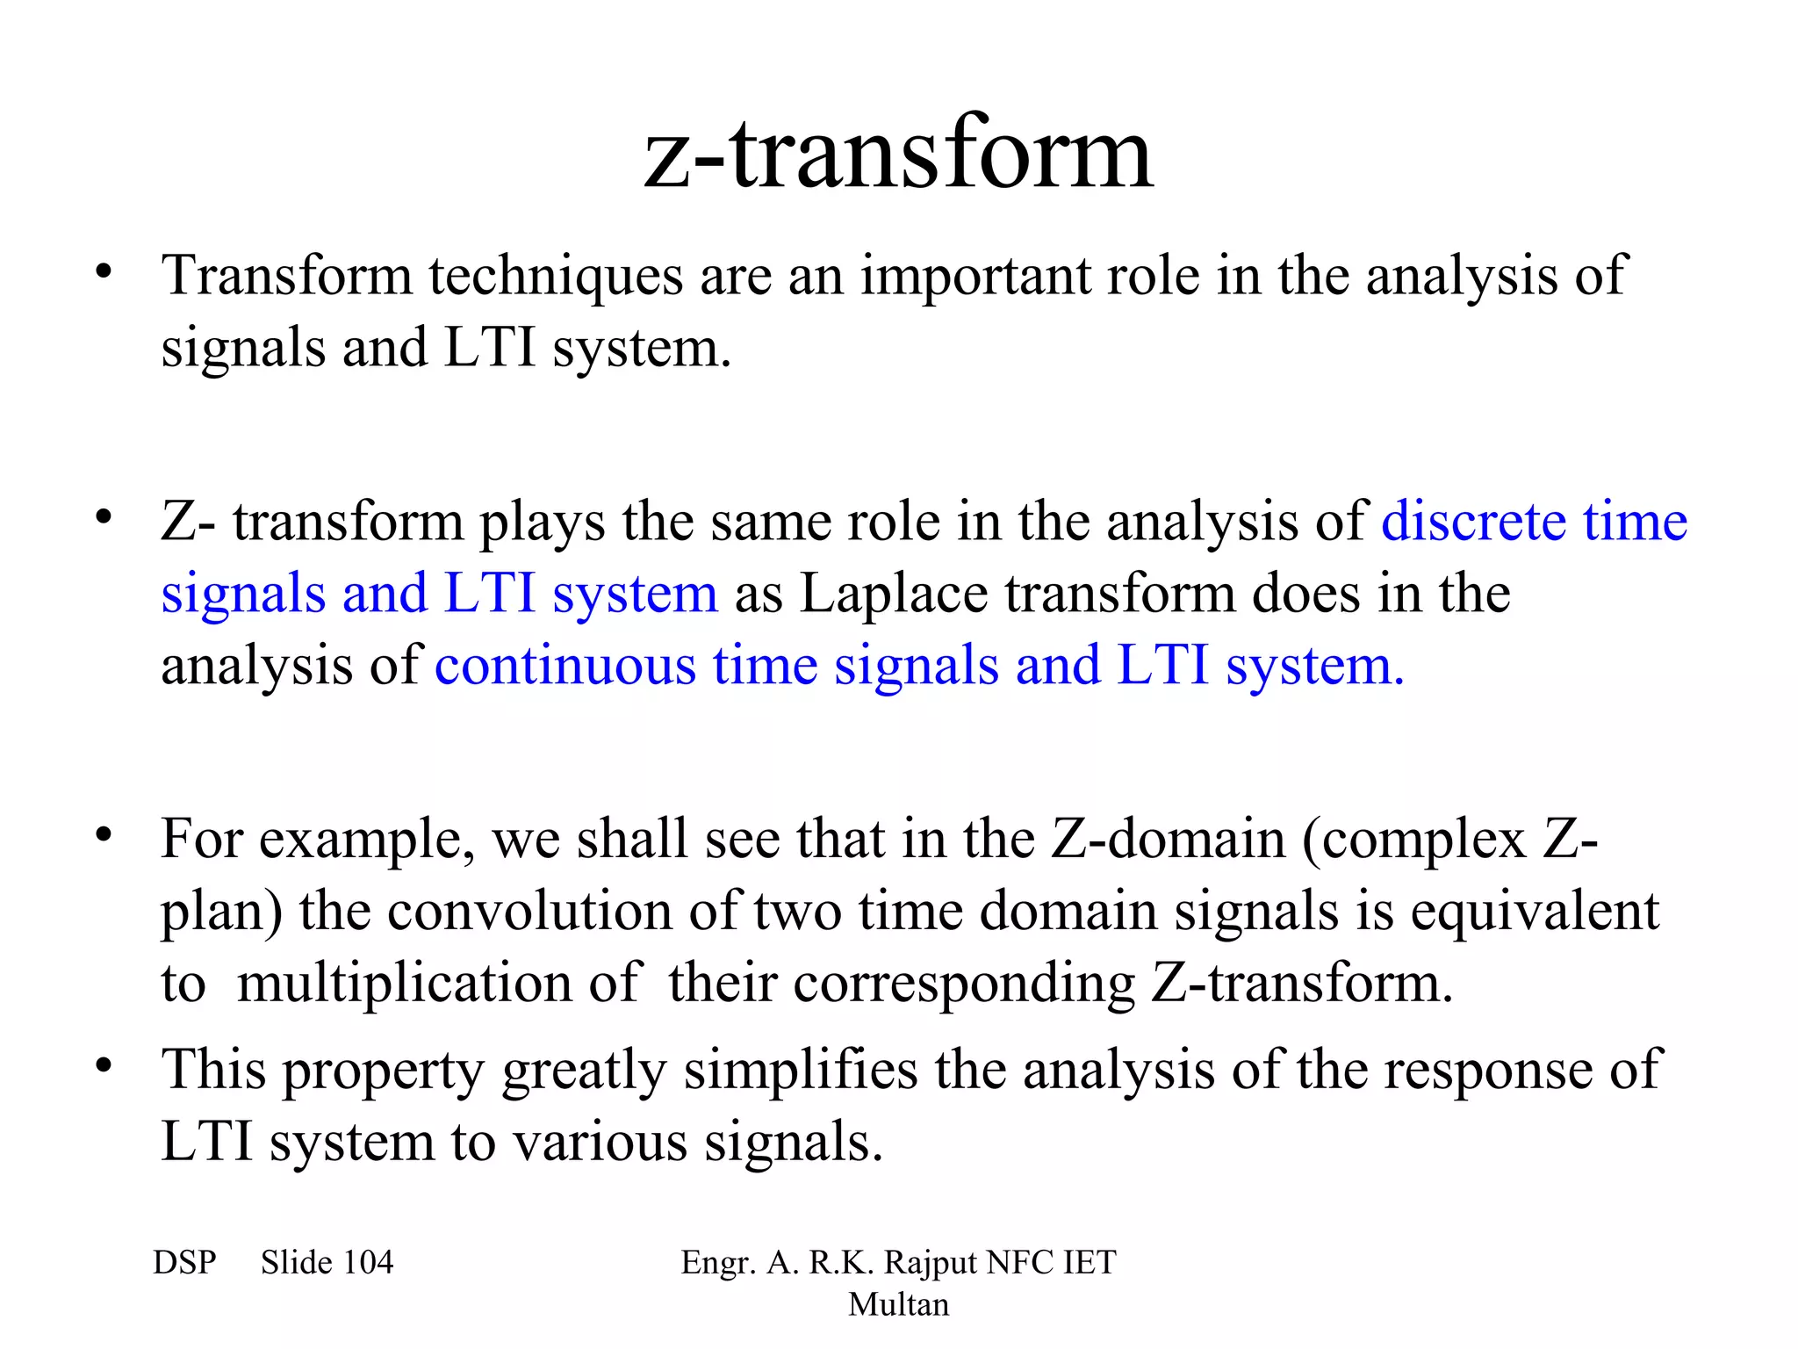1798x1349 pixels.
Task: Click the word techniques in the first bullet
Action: [555, 277]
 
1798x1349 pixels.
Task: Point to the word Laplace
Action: [894, 595]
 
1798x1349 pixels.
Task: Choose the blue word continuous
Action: [565, 666]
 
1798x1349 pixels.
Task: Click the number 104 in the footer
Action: [368, 1263]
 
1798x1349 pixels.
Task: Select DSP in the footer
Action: [184, 1263]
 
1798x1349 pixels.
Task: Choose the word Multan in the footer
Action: [898, 1304]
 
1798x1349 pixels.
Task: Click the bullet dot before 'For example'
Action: [104, 835]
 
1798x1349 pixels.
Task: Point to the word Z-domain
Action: [1168, 840]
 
